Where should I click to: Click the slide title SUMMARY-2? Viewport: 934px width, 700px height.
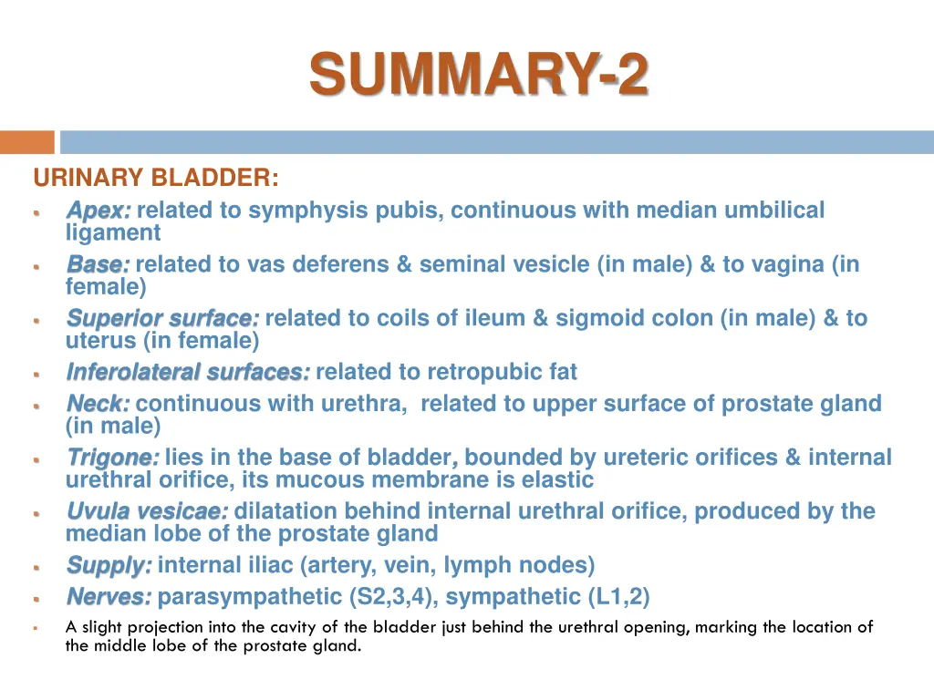pyautogui.click(x=479, y=75)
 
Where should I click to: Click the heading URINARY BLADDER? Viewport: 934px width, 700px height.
pyautogui.click(x=156, y=177)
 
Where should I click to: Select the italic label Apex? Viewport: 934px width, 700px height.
pyautogui.click(x=99, y=211)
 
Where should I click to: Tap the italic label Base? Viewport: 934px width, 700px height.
pyautogui.click(x=98, y=264)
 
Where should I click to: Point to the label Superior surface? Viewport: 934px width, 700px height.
pyautogui.click(x=162, y=318)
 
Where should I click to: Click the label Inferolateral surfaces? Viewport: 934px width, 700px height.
pyautogui.click(x=188, y=372)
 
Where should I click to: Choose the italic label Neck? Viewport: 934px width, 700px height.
pyautogui.click(x=98, y=404)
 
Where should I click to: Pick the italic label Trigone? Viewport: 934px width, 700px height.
pyautogui.click(x=112, y=458)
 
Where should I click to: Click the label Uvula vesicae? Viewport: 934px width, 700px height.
pyautogui.click(x=147, y=511)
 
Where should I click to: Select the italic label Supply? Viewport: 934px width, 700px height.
pyautogui.click(x=109, y=565)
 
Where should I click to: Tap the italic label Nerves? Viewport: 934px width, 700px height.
pyautogui.click(x=109, y=597)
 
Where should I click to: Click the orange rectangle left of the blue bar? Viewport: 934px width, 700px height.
pyautogui.click(x=26, y=142)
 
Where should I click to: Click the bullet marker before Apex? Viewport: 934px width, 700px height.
pyautogui.click(x=36, y=211)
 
